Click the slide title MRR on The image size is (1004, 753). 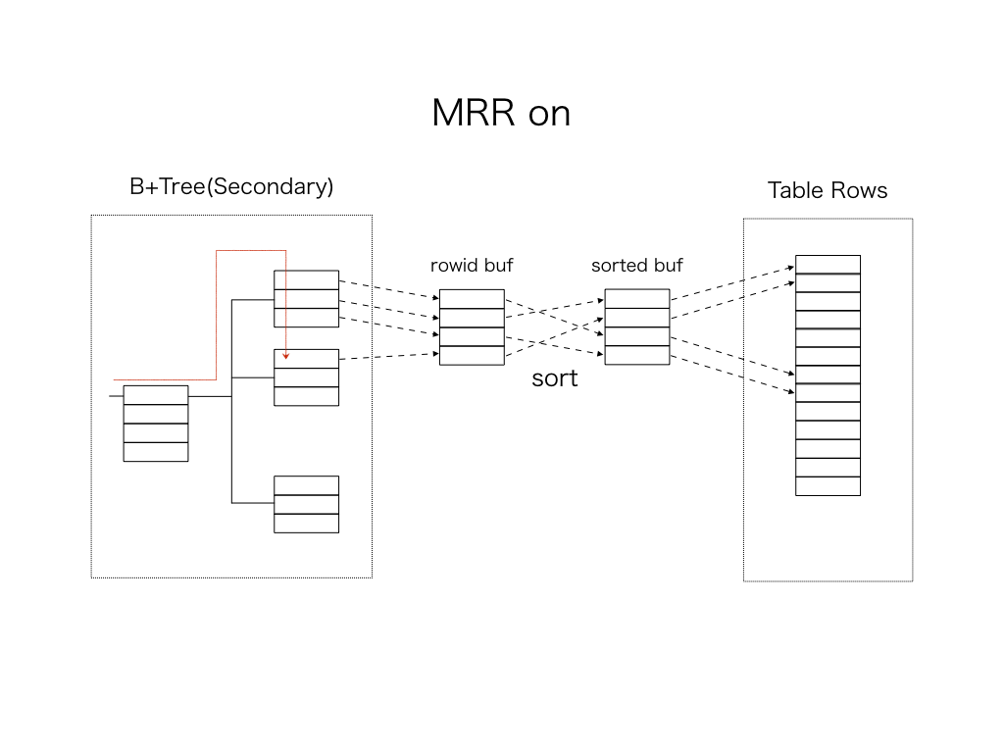(501, 114)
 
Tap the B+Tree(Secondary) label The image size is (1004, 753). (231, 186)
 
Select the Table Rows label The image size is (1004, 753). (828, 190)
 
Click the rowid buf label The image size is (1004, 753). (472, 266)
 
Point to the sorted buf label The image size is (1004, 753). (637, 266)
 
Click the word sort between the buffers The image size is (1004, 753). (555, 378)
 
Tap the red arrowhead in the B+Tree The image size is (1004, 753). (285, 356)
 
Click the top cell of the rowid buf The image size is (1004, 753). (472, 299)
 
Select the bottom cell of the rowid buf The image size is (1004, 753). (472, 355)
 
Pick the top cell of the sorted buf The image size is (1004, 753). (637, 299)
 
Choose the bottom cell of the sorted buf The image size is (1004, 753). (637, 355)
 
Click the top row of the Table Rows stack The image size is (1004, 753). (828, 265)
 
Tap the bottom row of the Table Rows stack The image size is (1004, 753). (828, 485)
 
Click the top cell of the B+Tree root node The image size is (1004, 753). (156, 395)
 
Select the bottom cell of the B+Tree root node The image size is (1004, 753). (156, 451)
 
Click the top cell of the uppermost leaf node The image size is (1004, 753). (306, 280)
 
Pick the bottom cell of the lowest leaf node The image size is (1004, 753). (306, 523)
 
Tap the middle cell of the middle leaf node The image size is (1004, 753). (306, 377)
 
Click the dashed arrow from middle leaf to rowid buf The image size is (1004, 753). (388, 356)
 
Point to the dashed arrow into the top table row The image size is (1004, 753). (731, 283)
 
